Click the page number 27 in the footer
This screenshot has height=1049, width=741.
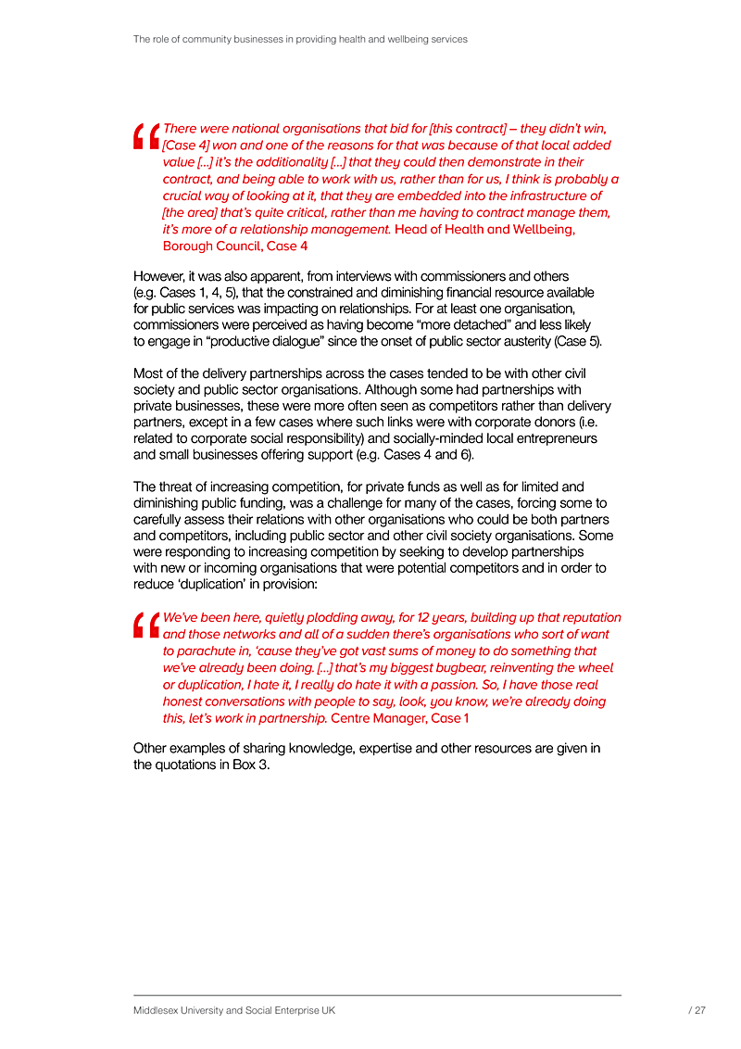pyautogui.click(x=699, y=1011)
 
